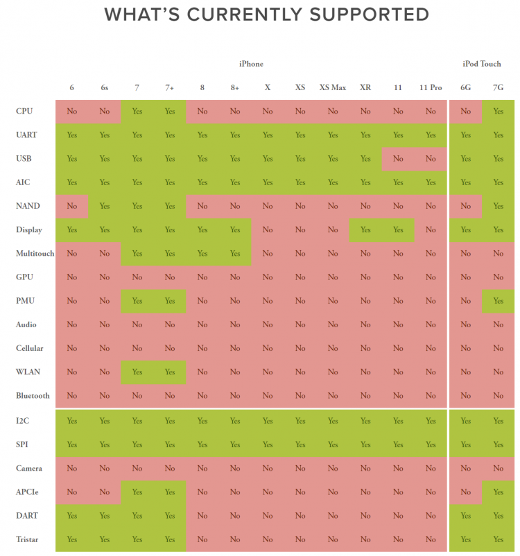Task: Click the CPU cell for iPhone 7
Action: tap(137, 111)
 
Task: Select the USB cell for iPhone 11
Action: tap(398, 159)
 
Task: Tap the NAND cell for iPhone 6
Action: tap(72, 206)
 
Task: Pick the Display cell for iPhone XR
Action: tap(365, 229)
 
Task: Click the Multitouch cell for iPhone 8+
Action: tap(235, 254)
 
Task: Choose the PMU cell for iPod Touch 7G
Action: tap(498, 301)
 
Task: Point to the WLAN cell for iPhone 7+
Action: tap(170, 372)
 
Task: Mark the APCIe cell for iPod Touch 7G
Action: tap(498, 492)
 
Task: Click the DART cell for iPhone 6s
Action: tap(105, 516)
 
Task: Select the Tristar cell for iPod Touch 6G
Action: tap(465, 539)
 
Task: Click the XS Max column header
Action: tap(333, 87)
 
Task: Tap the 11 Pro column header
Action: tap(431, 87)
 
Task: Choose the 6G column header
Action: tap(465, 87)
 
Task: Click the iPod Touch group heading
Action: tap(482, 64)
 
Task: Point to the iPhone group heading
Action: tap(251, 64)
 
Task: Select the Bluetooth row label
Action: tap(33, 396)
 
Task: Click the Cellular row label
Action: tap(29, 348)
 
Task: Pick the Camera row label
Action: tap(28, 469)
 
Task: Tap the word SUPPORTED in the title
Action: tap(355, 14)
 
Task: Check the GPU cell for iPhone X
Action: tap(268, 277)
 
